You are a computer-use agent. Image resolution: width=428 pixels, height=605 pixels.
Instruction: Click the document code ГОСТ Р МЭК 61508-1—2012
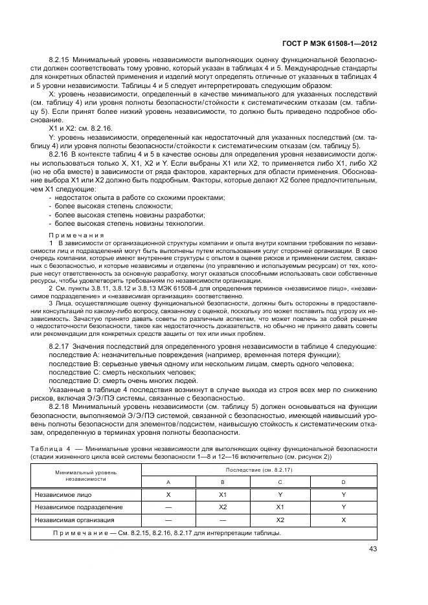tap(339, 44)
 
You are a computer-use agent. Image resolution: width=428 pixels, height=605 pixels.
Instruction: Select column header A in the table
tap(168, 482)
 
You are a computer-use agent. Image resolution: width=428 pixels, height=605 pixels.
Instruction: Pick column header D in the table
tap(343, 482)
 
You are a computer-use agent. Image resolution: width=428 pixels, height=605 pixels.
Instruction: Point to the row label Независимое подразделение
tap(78, 507)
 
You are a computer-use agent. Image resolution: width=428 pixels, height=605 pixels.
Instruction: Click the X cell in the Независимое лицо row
tap(168, 494)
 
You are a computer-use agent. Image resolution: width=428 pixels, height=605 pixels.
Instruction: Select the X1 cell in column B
tap(223, 494)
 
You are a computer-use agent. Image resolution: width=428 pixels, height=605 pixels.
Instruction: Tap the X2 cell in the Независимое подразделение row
tap(223, 507)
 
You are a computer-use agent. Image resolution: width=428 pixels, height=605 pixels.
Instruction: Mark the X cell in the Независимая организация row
tap(343, 520)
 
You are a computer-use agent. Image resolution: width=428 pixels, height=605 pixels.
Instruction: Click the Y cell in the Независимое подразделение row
tap(343, 507)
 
